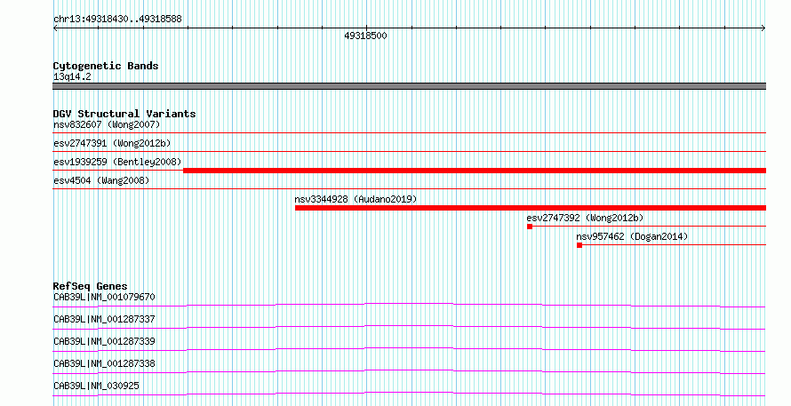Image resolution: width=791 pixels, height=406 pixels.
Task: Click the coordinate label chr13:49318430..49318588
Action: pos(117,20)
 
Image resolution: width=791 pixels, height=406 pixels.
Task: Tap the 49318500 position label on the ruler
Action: pos(366,36)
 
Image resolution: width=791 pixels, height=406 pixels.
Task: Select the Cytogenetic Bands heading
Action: pos(106,66)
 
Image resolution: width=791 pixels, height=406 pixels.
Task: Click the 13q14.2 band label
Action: pos(72,76)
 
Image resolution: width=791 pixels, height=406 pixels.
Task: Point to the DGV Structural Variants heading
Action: pos(124,114)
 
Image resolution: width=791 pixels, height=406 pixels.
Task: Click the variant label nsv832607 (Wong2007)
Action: pos(107,124)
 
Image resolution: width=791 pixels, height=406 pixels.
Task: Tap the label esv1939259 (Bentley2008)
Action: pos(117,162)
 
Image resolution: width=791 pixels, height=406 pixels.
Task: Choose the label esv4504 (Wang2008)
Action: pos(101,180)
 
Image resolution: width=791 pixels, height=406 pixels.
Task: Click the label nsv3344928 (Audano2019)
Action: pos(356,199)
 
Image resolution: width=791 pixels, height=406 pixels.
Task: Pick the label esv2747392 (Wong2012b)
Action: pos(585,218)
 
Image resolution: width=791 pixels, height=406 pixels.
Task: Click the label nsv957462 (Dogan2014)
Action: pos(632,236)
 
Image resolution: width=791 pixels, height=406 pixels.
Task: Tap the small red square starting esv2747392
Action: pos(530,227)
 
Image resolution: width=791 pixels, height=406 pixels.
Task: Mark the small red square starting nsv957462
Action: pos(579,245)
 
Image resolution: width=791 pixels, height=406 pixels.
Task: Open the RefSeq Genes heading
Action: pos(91,286)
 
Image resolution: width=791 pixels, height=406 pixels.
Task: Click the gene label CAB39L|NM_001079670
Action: pos(104,297)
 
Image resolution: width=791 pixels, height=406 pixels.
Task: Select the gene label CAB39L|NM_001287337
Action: pos(104,319)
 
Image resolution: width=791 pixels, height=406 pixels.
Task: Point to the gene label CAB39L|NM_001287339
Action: pos(104,341)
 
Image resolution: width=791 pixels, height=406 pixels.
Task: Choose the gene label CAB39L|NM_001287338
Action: pos(104,363)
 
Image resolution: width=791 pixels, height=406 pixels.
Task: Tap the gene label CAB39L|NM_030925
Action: pos(96,386)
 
